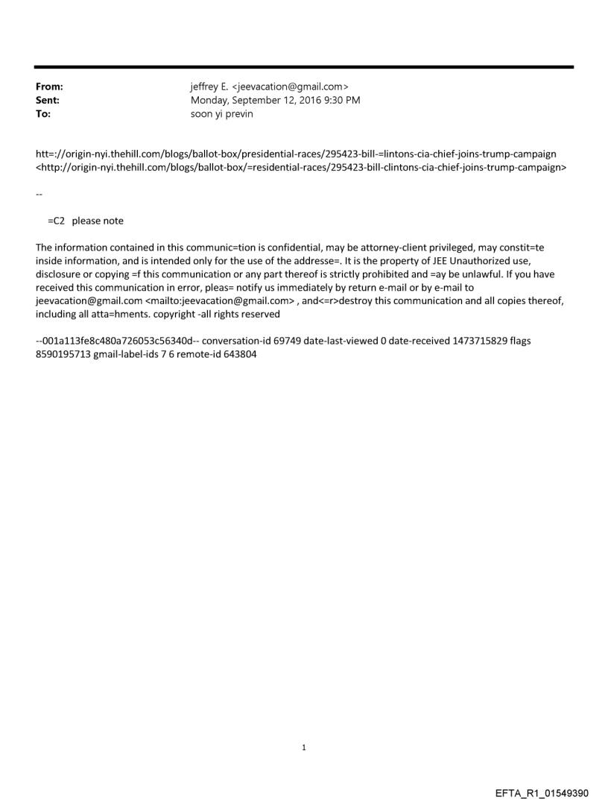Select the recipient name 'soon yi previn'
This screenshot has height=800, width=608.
222,113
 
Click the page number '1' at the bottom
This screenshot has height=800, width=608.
304,747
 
